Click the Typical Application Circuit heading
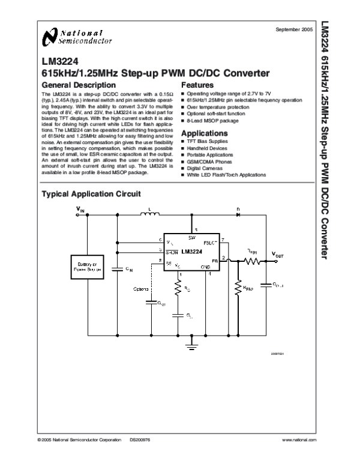click(90, 194)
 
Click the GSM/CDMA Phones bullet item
click(210, 162)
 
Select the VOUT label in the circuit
click(280, 255)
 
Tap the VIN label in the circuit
click(80, 210)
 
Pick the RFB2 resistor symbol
click(238, 286)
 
